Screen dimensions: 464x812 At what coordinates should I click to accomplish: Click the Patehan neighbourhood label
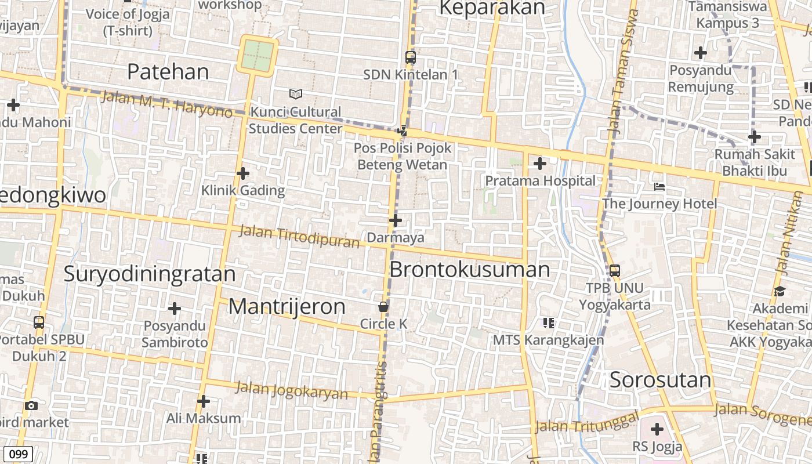168,72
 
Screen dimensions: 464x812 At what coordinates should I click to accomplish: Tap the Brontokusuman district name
469,270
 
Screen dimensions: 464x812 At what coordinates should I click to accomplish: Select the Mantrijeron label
287,306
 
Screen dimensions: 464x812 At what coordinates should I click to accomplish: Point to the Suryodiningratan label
150,274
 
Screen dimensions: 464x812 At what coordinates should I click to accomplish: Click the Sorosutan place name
660,380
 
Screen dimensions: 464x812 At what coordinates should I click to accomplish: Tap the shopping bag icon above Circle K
383,307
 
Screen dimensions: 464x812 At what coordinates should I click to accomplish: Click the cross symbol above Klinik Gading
243,173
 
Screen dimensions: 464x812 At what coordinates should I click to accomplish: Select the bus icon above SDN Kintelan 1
410,57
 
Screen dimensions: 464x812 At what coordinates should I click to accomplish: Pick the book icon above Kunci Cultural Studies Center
296,94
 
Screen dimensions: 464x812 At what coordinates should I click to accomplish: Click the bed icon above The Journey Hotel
659,187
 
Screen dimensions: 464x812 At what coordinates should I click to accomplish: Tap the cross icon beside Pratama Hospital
539,164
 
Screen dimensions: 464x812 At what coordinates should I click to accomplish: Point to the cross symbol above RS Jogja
657,429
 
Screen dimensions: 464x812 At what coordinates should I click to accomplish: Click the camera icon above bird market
31,405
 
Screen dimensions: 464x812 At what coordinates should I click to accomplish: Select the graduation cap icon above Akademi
779,291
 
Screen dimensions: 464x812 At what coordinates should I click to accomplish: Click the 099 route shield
18,454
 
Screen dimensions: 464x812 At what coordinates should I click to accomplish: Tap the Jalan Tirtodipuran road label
299,237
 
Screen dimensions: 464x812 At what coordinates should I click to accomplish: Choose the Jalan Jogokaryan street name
291,390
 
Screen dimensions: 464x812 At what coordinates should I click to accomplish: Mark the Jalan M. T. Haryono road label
166,104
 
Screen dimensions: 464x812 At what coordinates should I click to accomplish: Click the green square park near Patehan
256,56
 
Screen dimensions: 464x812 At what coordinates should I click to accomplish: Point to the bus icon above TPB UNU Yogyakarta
615,270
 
